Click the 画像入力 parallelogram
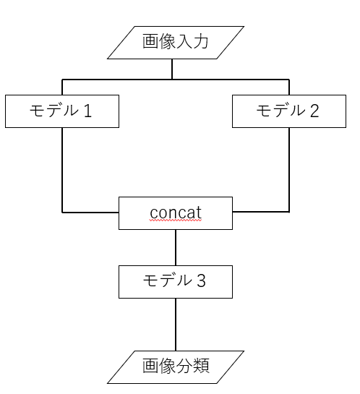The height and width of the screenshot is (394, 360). click(176, 42)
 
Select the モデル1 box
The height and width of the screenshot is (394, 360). click(62, 111)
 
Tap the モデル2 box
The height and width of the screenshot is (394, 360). click(289, 111)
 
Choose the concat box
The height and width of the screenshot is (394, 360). click(176, 213)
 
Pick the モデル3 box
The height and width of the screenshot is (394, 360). click(176, 281)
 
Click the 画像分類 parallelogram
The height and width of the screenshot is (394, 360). click(176, 367)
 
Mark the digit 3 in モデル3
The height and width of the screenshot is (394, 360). click(201, 281)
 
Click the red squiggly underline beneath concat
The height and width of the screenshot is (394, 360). click(176, 223)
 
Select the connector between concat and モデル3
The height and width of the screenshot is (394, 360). click(176, 247)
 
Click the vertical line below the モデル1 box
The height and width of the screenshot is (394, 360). click(62, 170)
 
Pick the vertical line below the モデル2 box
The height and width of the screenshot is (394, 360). click(289, 170)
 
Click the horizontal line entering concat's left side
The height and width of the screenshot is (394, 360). click(90, 213)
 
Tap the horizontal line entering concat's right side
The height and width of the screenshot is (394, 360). click(261, 212)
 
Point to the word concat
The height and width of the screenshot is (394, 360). click(176, 213)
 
